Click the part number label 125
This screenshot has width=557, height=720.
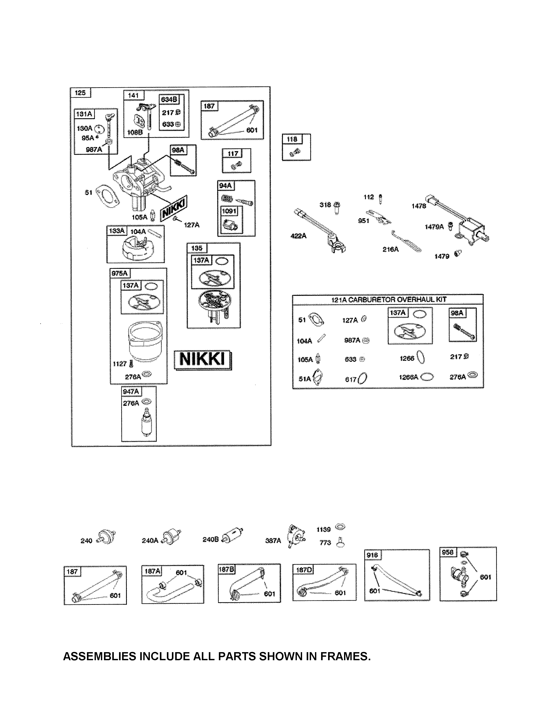click(x=80, y=93)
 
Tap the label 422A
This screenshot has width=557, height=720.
click(x=298, y=236)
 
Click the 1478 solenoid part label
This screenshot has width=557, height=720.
click(x=419, y=206)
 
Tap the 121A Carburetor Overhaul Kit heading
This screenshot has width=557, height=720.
click(x=388, y=299)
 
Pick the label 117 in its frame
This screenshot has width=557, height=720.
click(x=233, y=154)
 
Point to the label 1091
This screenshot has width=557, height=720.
click(x=229, y=211)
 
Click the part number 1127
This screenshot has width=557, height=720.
click(x=119, y=364)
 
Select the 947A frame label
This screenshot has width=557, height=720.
click(x=131, y=392)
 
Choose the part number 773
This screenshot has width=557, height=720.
click(x=325, y=543)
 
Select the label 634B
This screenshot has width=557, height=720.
click(x=169, y=99)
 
